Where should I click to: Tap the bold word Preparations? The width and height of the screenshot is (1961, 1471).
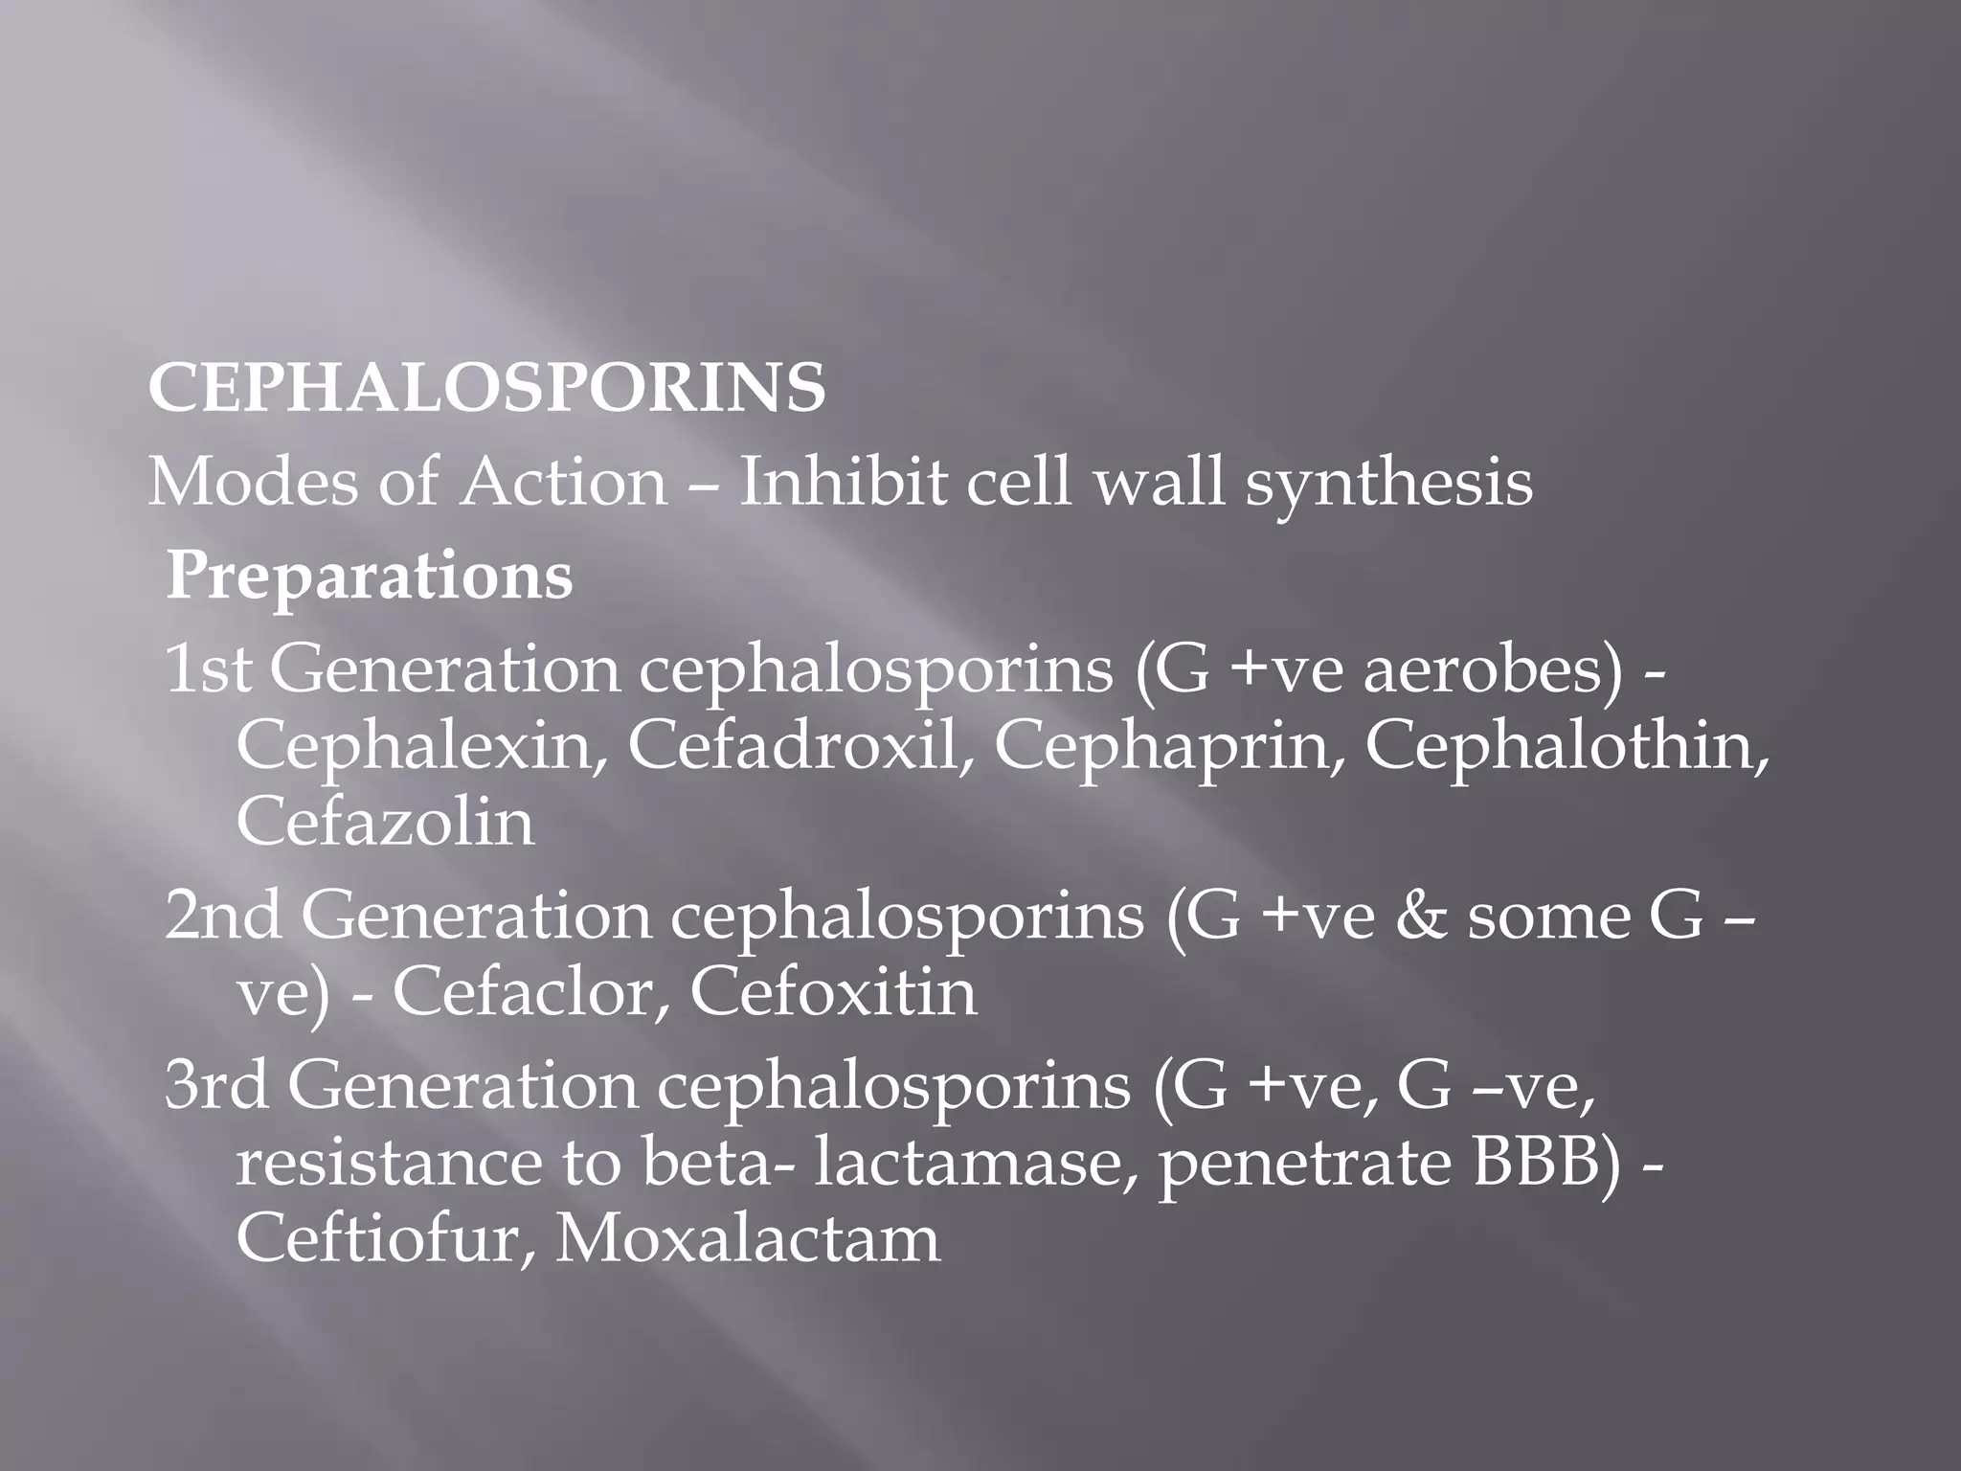[x=370, y=577]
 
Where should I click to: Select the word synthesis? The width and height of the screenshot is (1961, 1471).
[x=1388, y=484]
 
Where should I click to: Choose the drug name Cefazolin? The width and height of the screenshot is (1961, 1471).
[x=385, y=822]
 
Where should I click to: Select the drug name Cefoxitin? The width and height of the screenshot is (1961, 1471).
[x=833, y=992]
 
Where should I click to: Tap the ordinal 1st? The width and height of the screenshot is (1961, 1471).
[x=208, y=669]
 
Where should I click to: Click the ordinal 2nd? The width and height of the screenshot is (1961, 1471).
[x=223, y=917]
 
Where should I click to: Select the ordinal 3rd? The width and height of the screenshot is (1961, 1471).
[x=216, y=1087]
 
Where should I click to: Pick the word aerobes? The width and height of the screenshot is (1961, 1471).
[x=1493, y=669]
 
